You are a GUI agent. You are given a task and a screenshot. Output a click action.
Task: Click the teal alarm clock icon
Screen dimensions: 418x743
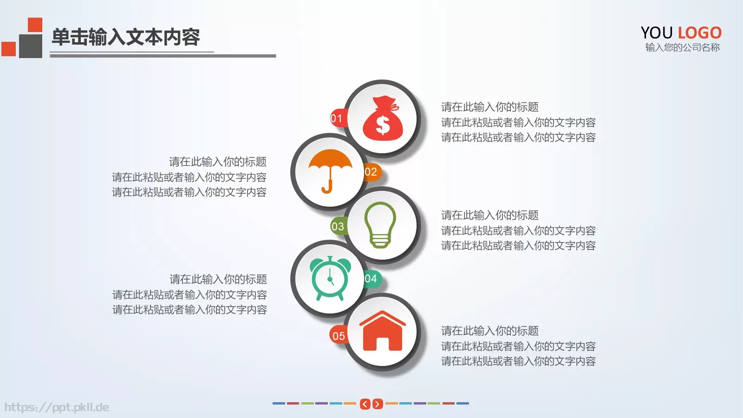(x=330, y=278)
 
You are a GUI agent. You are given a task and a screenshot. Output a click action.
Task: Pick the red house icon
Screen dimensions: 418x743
(x=382, y=331)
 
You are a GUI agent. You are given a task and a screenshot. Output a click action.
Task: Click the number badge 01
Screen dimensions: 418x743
(x=337, y=118)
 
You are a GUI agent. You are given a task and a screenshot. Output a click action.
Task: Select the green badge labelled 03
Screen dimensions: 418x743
(x=338, y=227)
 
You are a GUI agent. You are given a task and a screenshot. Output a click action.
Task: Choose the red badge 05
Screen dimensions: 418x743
(x=339, y=336)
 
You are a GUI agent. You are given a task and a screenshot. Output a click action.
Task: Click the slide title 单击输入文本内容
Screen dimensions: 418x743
(x=125, y=37)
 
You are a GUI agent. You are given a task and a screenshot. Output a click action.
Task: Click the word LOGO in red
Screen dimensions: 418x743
(x=699, y=33)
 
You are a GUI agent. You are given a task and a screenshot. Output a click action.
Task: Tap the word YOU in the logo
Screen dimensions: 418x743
(x=657, y=33)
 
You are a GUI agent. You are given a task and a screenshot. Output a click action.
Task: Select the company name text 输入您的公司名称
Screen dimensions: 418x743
(x=682, y=47)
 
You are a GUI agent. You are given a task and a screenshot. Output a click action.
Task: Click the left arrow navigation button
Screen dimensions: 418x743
(x=365, y=404)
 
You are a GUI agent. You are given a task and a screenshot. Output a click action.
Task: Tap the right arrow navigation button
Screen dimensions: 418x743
(x=378, y=404)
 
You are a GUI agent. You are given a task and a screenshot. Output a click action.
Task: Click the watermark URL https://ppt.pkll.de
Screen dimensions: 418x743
(x=57, y=407)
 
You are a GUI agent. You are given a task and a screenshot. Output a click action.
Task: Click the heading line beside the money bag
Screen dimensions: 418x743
(x=489, y=107)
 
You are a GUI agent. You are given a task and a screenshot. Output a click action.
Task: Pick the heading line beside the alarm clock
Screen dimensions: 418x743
(x=218, y=279)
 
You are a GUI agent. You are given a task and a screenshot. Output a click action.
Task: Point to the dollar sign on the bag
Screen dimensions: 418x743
(x=383, y=124)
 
